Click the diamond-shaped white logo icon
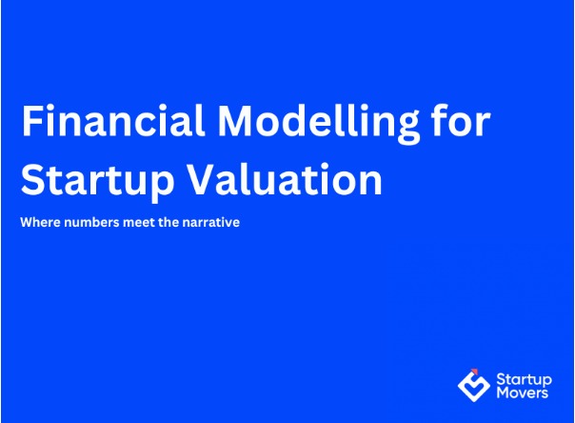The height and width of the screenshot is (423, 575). coord(473,384)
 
